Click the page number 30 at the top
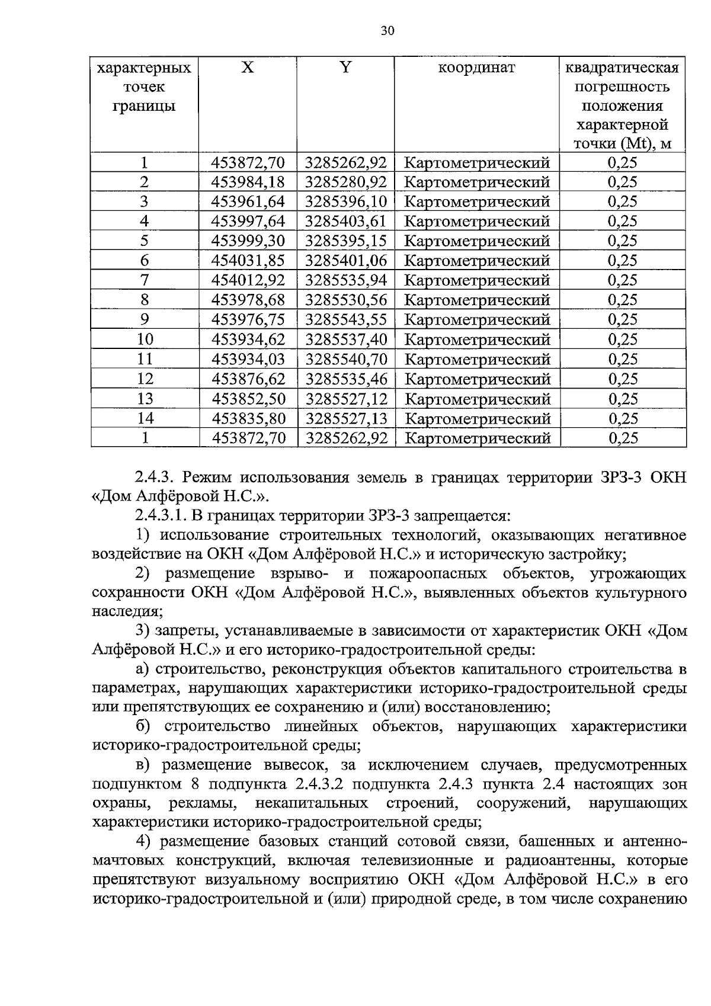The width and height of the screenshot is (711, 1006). coord(387,31)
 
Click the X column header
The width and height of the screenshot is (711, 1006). coord(248,68)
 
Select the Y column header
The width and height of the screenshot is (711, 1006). coord(345,68)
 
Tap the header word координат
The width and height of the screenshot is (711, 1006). coord(476,68)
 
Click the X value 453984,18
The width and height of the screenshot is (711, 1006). coord(248,182)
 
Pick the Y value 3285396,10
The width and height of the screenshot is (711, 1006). coord(346,201)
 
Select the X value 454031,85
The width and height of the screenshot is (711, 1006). coord(248,261)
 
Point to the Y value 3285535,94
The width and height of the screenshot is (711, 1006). coord(346,280)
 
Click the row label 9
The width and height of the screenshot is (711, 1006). coord(145,320)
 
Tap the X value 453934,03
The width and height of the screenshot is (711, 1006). coord(248,359)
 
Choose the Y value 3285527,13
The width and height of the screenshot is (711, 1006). coord(346,419)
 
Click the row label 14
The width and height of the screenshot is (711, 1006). coord(145,419)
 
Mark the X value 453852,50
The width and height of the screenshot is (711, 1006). coord(248,399)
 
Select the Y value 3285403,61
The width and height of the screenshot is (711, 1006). coord(346,222)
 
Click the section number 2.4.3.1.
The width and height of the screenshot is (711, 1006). coord(161,515)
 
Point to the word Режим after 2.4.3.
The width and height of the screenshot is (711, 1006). coord(206,477)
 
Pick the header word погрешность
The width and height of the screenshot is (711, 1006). coord(622,87)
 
